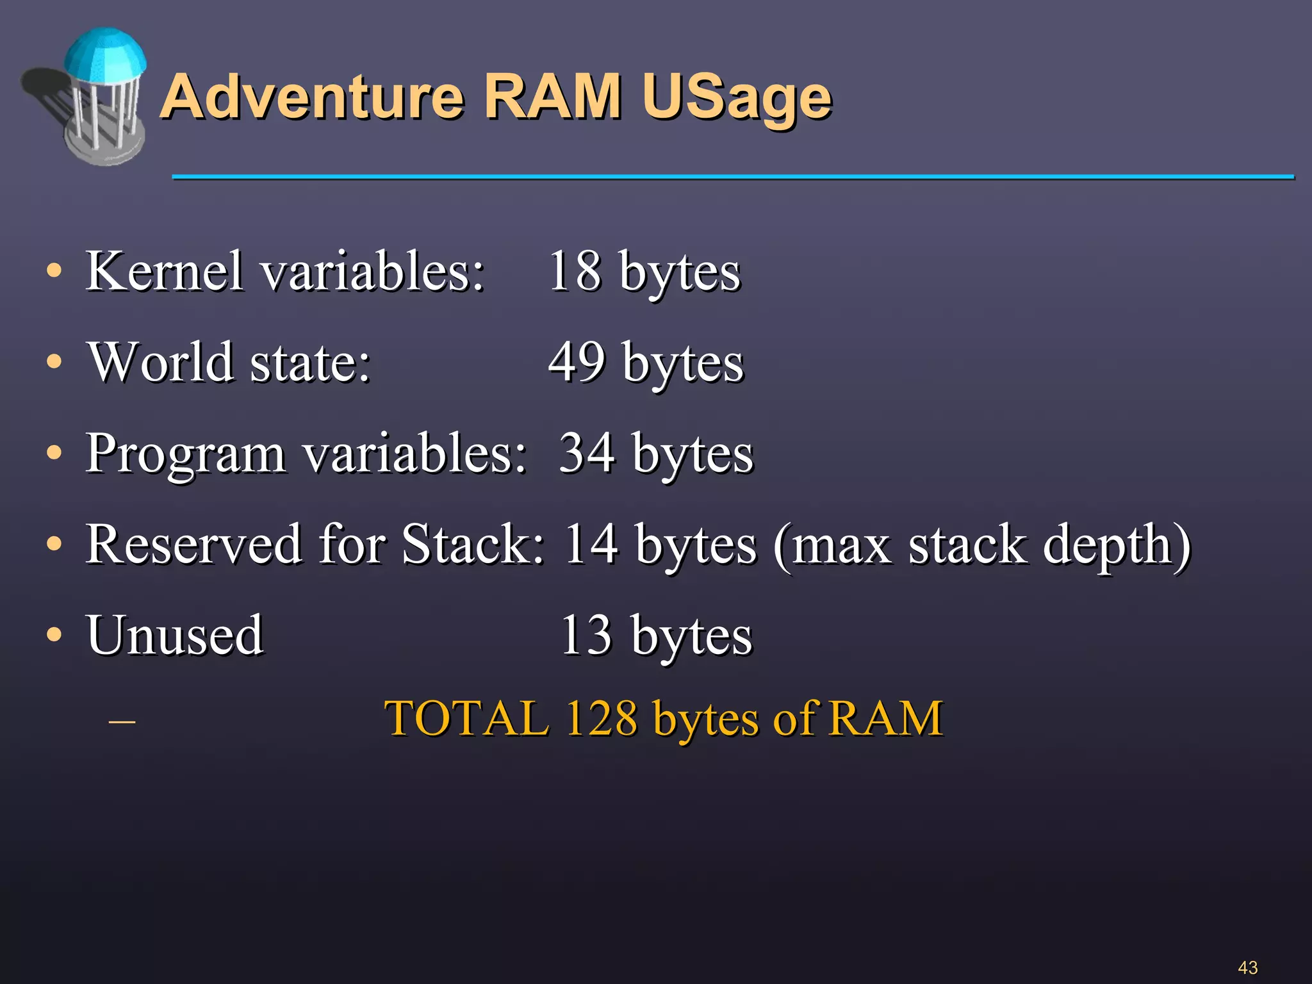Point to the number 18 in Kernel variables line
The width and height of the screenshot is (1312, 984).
coord(575,272)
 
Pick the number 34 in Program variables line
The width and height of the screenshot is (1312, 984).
coord(587,454)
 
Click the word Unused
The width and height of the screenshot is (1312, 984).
coord(175,635)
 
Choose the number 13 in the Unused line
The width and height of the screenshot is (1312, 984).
coord(586,635)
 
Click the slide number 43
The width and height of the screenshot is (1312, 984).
coord(1247,967)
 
